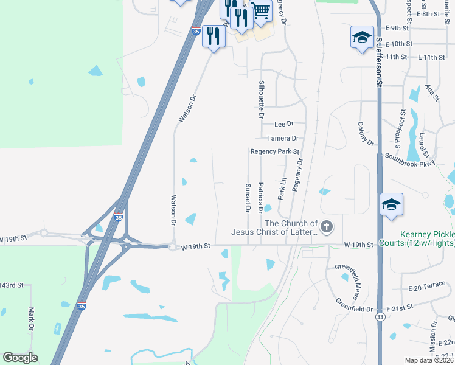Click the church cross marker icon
(x=327, y=228)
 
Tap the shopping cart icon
(x=260, y=11)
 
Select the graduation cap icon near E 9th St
(x=362, y=36)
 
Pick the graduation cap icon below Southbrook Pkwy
(x=391, y=204)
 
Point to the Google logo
(x=20, y=358)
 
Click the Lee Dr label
(x=283, y=124)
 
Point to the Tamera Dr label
(x=282, y=138)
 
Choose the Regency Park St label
(x=275, y=151)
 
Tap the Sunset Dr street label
(x=248, y=198)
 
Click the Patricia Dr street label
(x=260, y=198)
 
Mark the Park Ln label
(x=282, y=189)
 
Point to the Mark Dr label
(x=32, y=319)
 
